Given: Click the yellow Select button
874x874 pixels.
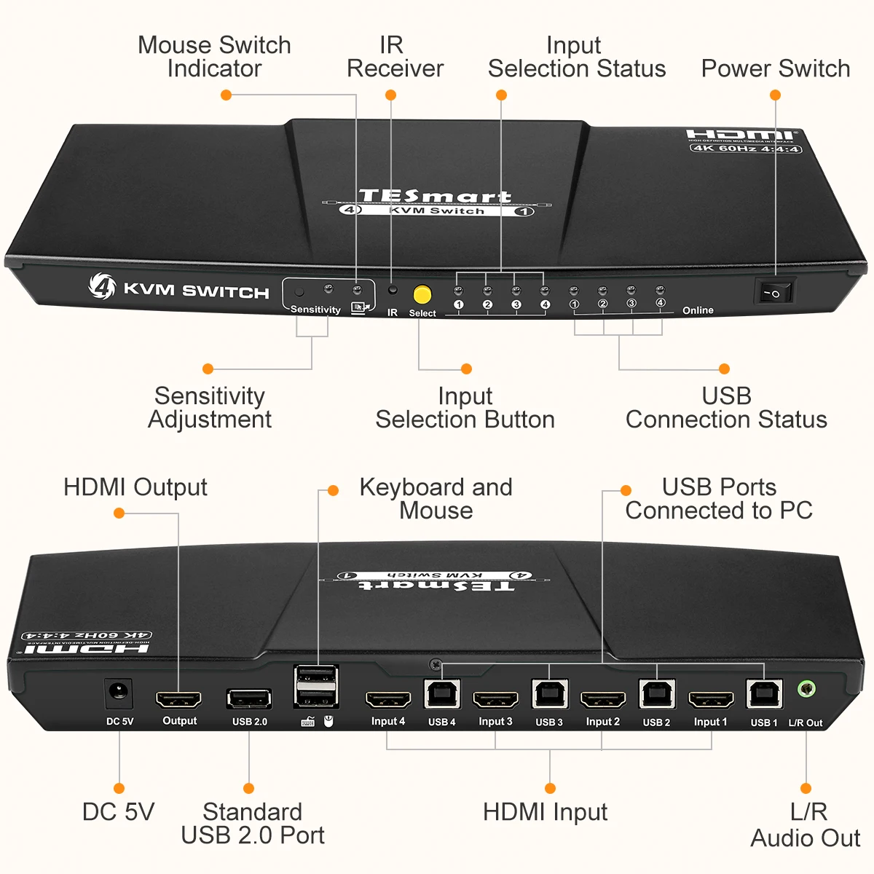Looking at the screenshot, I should tap(422, 294).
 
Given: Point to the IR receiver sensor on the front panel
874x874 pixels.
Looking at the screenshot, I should tap(393, 290).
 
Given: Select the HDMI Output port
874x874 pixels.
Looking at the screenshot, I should tap(178, 700).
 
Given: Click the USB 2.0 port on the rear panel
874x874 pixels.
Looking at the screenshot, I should tap(249, 699).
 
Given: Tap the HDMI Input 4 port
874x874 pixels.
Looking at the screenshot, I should tap(387, 700).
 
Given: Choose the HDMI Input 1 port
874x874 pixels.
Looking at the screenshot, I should tap(710, 700).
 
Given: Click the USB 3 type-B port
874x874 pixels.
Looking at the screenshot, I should tap(549, 694).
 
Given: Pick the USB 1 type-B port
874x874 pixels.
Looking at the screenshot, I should tap(764, 694).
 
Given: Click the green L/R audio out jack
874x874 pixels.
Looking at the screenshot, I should tap(806, 688).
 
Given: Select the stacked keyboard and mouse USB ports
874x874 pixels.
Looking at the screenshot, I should tap(315, 685).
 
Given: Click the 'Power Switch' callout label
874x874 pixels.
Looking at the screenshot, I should tap(775, 68).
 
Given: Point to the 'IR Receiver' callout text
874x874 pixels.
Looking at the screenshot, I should tap(394, 57).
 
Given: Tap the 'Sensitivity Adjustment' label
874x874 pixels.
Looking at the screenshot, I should tap(210, 408).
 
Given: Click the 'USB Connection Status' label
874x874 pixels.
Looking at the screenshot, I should tap(726, 408).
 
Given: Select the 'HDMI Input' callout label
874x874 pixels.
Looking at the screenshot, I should tap(545, 812).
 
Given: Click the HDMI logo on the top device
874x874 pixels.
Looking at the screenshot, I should tap(741, 135).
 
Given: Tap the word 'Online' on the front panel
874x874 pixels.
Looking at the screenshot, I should tap(698, 310).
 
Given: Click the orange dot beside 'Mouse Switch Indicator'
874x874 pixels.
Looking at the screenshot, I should tap(227, 95).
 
